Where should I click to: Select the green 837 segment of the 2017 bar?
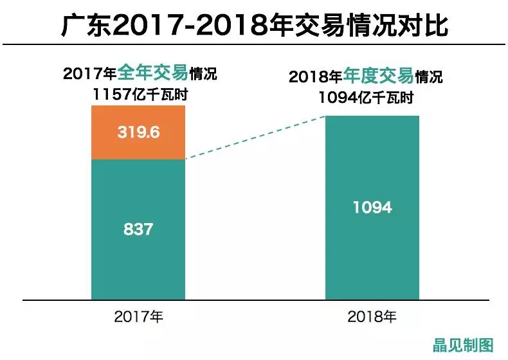[x=138, y=257]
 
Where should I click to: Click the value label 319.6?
[x=138, y=133]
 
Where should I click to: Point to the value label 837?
[x=138, y=228]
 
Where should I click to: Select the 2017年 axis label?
[x=138, y=316]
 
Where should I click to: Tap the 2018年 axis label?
[x=372, y=316]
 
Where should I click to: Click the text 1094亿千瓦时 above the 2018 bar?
[x=366, y=98]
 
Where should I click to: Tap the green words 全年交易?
[x=149, y=73]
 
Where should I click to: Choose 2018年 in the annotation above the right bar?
[x=315, y=78]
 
